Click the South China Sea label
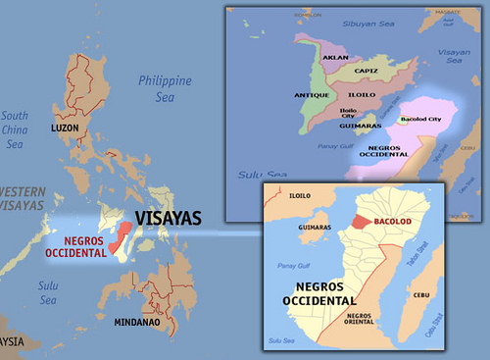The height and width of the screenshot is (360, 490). (x=16, y=129)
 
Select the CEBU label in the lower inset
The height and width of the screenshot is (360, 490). (x=423, y=292)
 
